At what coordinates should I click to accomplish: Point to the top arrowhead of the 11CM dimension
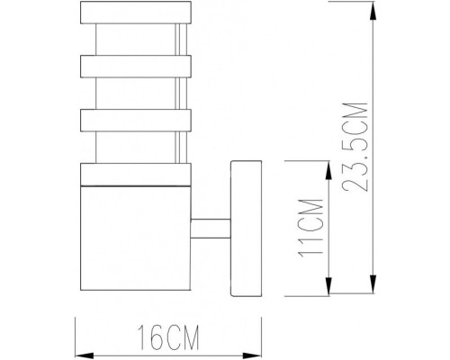[x=328, y=166]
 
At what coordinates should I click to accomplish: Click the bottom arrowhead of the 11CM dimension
[x=328, y=294]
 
